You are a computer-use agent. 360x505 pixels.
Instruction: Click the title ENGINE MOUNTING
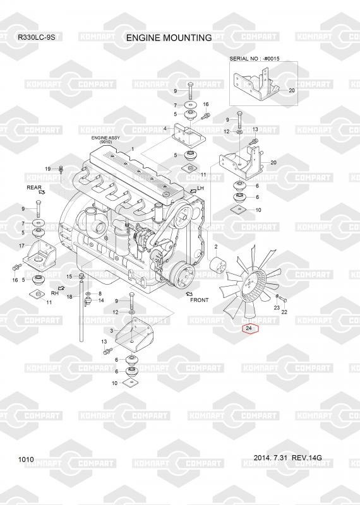point(169,38)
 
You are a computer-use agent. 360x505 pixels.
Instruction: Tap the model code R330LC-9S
point(36,37)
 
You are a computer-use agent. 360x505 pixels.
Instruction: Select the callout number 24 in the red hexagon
point(248,328)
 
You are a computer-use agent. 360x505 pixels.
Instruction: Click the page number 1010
point(26,460)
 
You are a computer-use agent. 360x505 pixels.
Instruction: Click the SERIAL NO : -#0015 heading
point(255,59)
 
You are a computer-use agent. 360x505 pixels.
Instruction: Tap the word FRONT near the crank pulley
point(199,300)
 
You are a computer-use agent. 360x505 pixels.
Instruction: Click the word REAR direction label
point(34,187)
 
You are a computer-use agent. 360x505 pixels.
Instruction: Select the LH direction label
point(200,187)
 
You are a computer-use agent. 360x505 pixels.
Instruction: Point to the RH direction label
point(55,293)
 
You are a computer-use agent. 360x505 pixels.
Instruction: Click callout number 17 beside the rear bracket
point(21,246)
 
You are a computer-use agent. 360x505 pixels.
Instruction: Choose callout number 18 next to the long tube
point(69,297)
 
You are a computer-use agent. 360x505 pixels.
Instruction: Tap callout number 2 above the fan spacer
point(216,247)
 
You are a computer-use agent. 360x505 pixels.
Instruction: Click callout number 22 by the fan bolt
point(284,312)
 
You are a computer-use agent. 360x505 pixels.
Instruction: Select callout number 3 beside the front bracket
point(112,331)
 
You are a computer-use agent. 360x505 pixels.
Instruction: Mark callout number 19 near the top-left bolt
point(48,169)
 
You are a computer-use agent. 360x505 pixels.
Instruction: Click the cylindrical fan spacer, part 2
point(217,264)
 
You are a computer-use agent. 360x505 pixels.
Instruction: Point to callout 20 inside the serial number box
point(292,90)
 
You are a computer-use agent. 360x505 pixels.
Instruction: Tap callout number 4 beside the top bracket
point(165,129)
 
